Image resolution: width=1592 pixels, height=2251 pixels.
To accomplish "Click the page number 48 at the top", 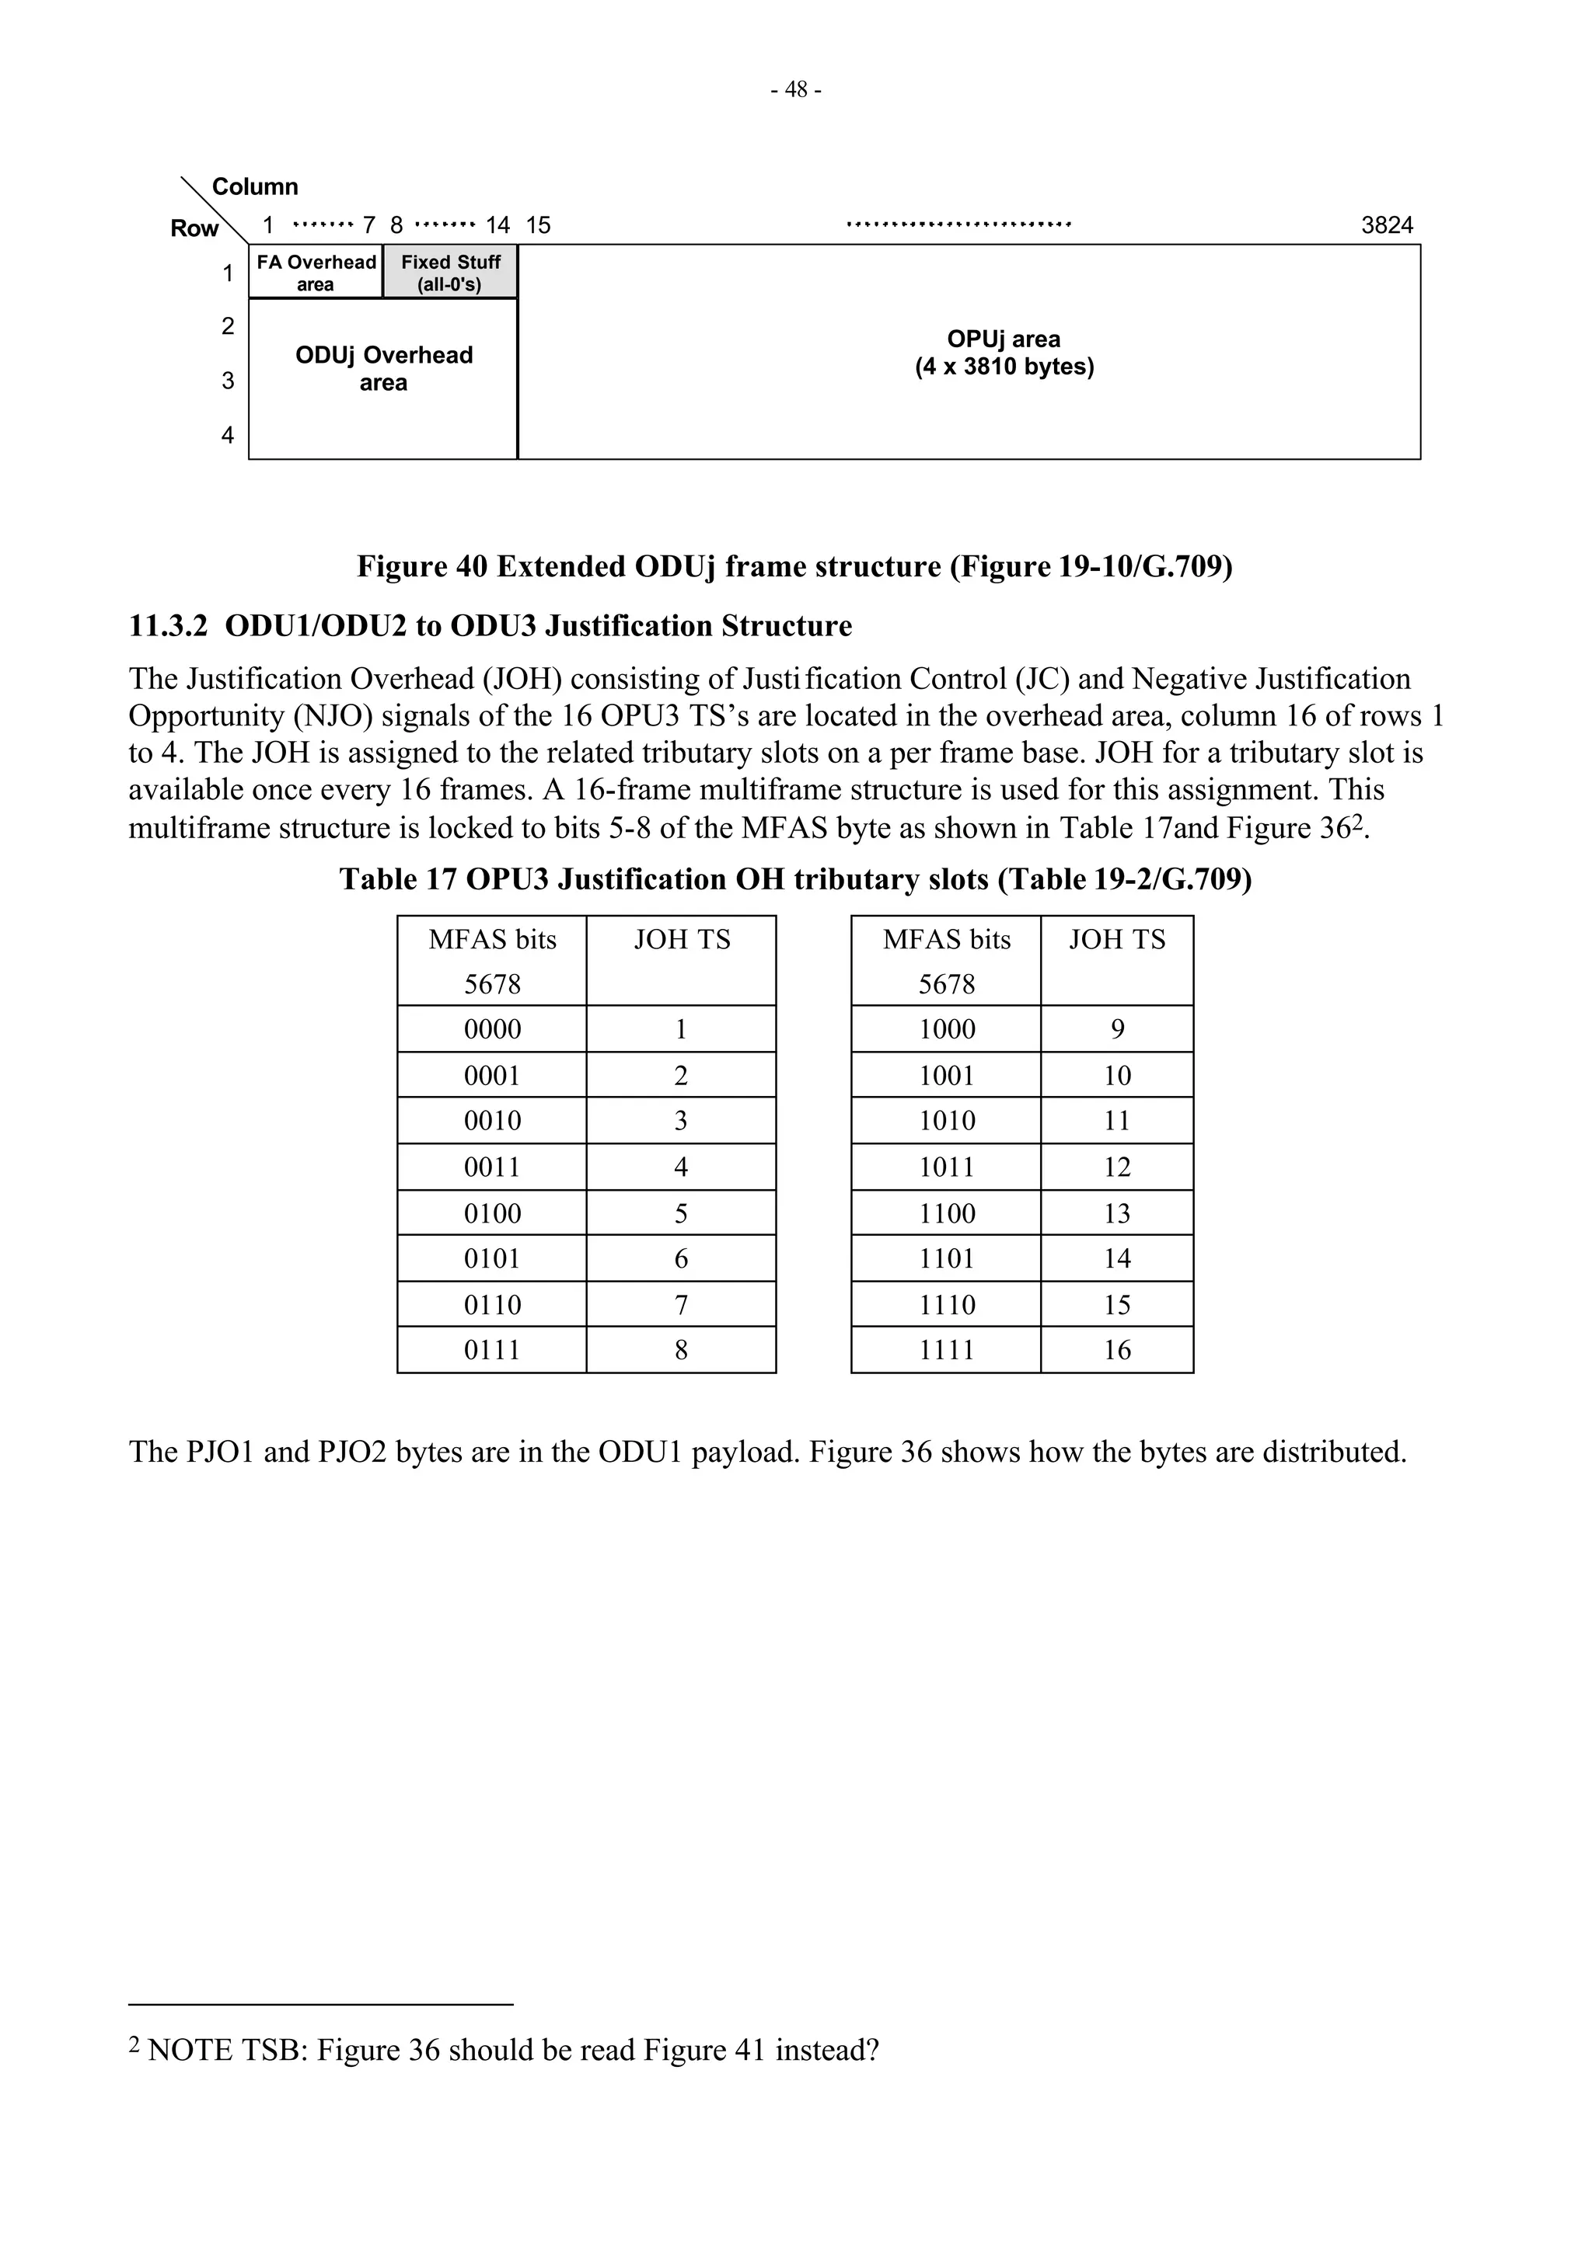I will pos(795,90).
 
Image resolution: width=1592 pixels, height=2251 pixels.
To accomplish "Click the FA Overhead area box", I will pos(315,273).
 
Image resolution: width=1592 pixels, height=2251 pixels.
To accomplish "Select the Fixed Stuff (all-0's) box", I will pos(450,273).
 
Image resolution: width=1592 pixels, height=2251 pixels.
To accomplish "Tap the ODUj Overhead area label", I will pos(383,369).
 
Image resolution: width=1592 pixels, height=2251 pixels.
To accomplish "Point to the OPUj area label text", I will pos(1004,353).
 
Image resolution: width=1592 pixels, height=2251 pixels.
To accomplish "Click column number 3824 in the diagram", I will pos(1386,225).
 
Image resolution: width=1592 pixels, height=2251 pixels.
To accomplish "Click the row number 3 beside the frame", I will pos(228,381).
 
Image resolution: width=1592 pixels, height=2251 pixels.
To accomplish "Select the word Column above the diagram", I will pos(255,186).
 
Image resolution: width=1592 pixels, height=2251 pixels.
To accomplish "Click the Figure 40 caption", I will pos(794,567).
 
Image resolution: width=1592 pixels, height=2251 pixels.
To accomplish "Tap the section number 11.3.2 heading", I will pos(168,627).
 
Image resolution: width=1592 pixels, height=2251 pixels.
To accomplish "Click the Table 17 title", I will pos(794,879).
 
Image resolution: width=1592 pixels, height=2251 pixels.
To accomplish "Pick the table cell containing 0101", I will pos(491,1259).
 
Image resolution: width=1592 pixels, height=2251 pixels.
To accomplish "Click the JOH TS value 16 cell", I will pos(1116,1351).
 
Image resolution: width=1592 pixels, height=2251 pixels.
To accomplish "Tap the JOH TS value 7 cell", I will pos(681,1305).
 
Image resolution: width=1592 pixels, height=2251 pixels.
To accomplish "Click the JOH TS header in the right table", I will pos(1116,940).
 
